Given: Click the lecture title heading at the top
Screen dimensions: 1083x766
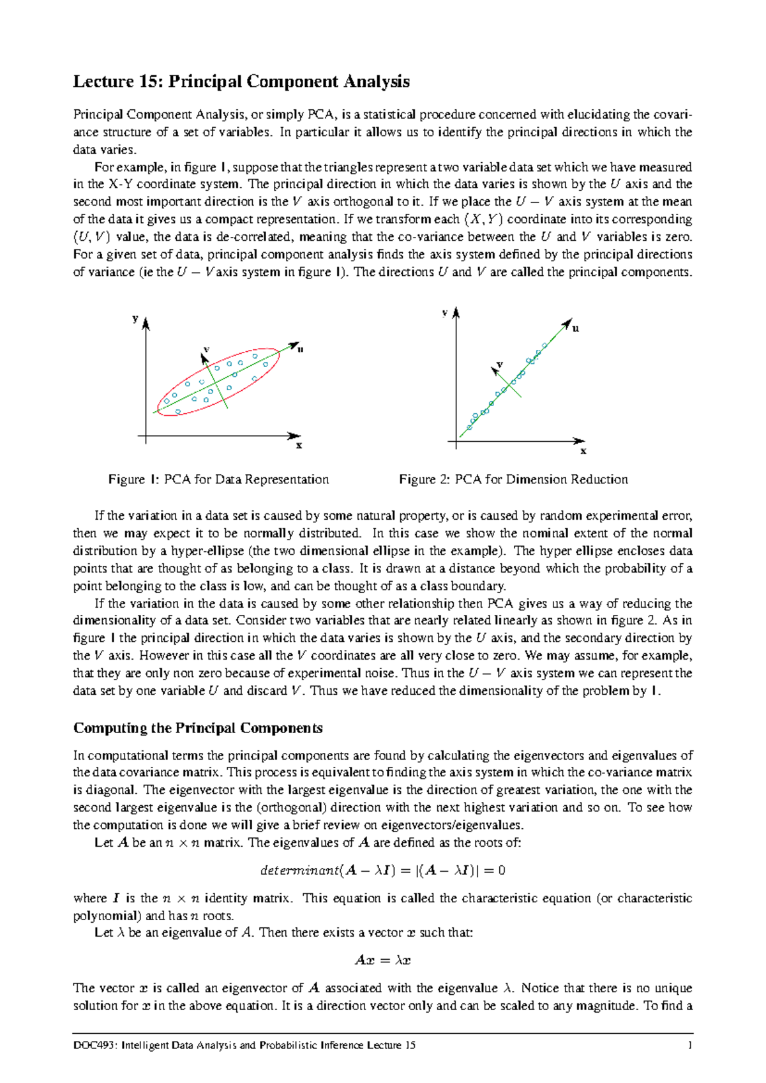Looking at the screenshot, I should pyautogui.click(x=241, y=82).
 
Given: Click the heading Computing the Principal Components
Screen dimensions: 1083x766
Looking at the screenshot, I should pyautogui.click(x=198, y=728).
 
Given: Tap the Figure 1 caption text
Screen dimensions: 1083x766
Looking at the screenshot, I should pyautogui.click(x=218, y=480).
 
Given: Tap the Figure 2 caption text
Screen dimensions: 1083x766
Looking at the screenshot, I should pyautogui.click(x=513, y=480).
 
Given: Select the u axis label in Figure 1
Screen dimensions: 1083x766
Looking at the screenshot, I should pyautogui.click(x=300, y=349).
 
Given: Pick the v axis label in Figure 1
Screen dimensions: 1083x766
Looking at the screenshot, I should pyautogui.click(x=206, y=349).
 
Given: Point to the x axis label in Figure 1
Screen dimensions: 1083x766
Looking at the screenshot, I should pyautogui.click(x=299, y=446).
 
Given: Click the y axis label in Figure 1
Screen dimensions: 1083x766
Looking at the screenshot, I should pyautogui.click(x=135, y=318).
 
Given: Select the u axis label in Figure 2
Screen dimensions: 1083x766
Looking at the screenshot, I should pyautogui.click(x=576, y=328).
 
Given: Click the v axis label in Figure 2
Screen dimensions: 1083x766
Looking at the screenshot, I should pyautogui.click(x=500, y=364).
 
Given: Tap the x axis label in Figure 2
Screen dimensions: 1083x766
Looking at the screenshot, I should pyautogui.click(x=583, y=451).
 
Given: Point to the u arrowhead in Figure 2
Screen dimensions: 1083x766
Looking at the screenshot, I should pyautogui.click(x=567, y=324).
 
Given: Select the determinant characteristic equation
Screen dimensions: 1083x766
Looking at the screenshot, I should pyautogui.click(x=383, y=870).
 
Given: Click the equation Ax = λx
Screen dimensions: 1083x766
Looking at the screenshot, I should pyautogui.click(x=382, y=960).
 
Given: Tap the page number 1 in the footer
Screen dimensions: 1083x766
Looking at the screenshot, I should pyautogui.click(x=689, y=1045).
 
